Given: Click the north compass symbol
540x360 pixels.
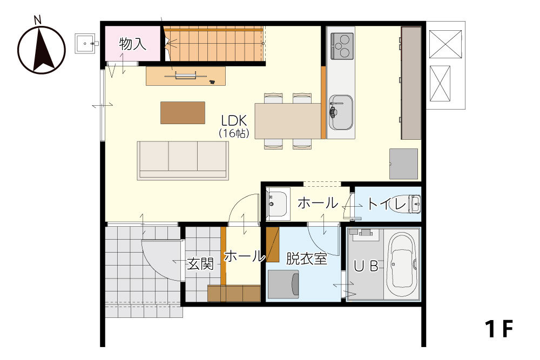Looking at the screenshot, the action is [42, 50].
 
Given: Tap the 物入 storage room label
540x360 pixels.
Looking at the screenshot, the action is [133, 44].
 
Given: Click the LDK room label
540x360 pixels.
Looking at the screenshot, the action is [234, 121].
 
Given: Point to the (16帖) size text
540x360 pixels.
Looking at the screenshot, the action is [234, 133].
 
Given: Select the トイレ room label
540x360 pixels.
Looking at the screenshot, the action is [387, 204].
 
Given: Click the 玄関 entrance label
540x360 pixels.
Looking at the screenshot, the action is [200, 264].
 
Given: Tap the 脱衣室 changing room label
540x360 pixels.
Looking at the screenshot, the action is [306, 259].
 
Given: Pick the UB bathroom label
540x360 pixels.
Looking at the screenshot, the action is [366, 266].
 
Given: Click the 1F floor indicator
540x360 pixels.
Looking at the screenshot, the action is [499, 329].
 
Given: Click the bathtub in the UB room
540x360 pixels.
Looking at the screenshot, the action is [402, 264].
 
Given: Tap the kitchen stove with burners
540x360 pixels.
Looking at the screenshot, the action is [342, 46].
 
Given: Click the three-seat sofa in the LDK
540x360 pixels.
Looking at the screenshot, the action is [183, 160].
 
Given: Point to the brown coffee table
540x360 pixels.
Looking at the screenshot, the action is [183, 113].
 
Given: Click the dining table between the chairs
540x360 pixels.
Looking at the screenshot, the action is [288, 121].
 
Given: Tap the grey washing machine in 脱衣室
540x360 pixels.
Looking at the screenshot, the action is [283, 284].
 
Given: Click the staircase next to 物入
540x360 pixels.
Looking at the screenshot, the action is [213, 44].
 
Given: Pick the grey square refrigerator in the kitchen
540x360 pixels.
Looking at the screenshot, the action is [403, 164].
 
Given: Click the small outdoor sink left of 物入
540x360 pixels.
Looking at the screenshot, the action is [85, 43].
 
